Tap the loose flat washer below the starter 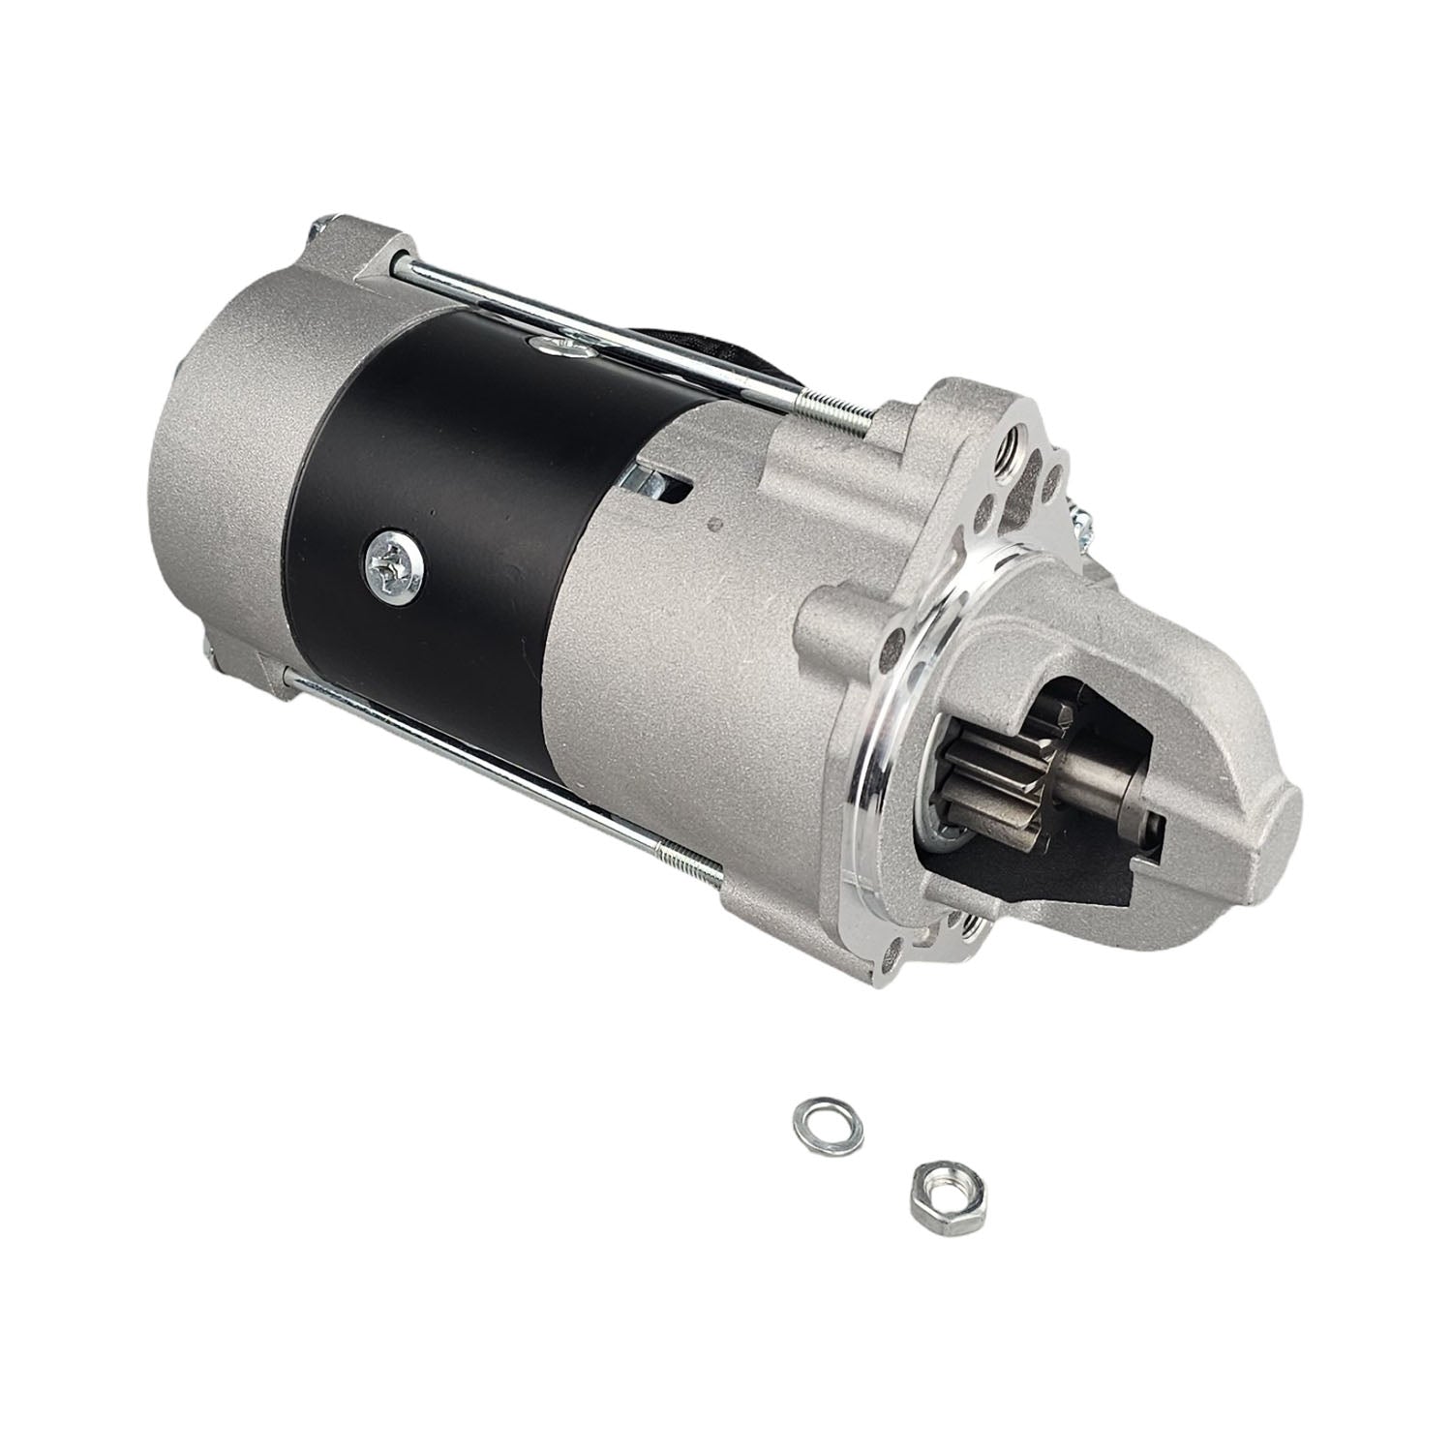tap(814, 1119)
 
